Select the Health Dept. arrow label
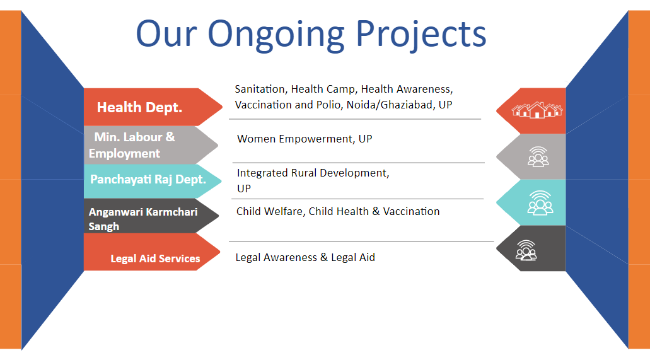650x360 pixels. (x=139, y=107)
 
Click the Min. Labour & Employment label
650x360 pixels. (x=132, y=145)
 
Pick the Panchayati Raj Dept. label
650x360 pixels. (x=148, y=180)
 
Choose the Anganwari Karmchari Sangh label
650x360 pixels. (x=143, y=219)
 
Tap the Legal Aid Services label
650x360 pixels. (x=155, y=258)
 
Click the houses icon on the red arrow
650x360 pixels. (x=537, y=110)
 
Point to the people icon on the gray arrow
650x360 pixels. (x=538, y=157)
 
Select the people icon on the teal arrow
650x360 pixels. (x=540, y=203)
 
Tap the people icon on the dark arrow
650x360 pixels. (x=526, y=250)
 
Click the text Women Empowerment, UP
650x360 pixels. (x=305, y=139)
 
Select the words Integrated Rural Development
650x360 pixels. (x=313, y=173)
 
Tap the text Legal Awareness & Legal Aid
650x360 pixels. (x=305, y=258)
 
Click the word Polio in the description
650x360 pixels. (x=329, y=105)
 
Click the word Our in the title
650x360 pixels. (x=166, y=35)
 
